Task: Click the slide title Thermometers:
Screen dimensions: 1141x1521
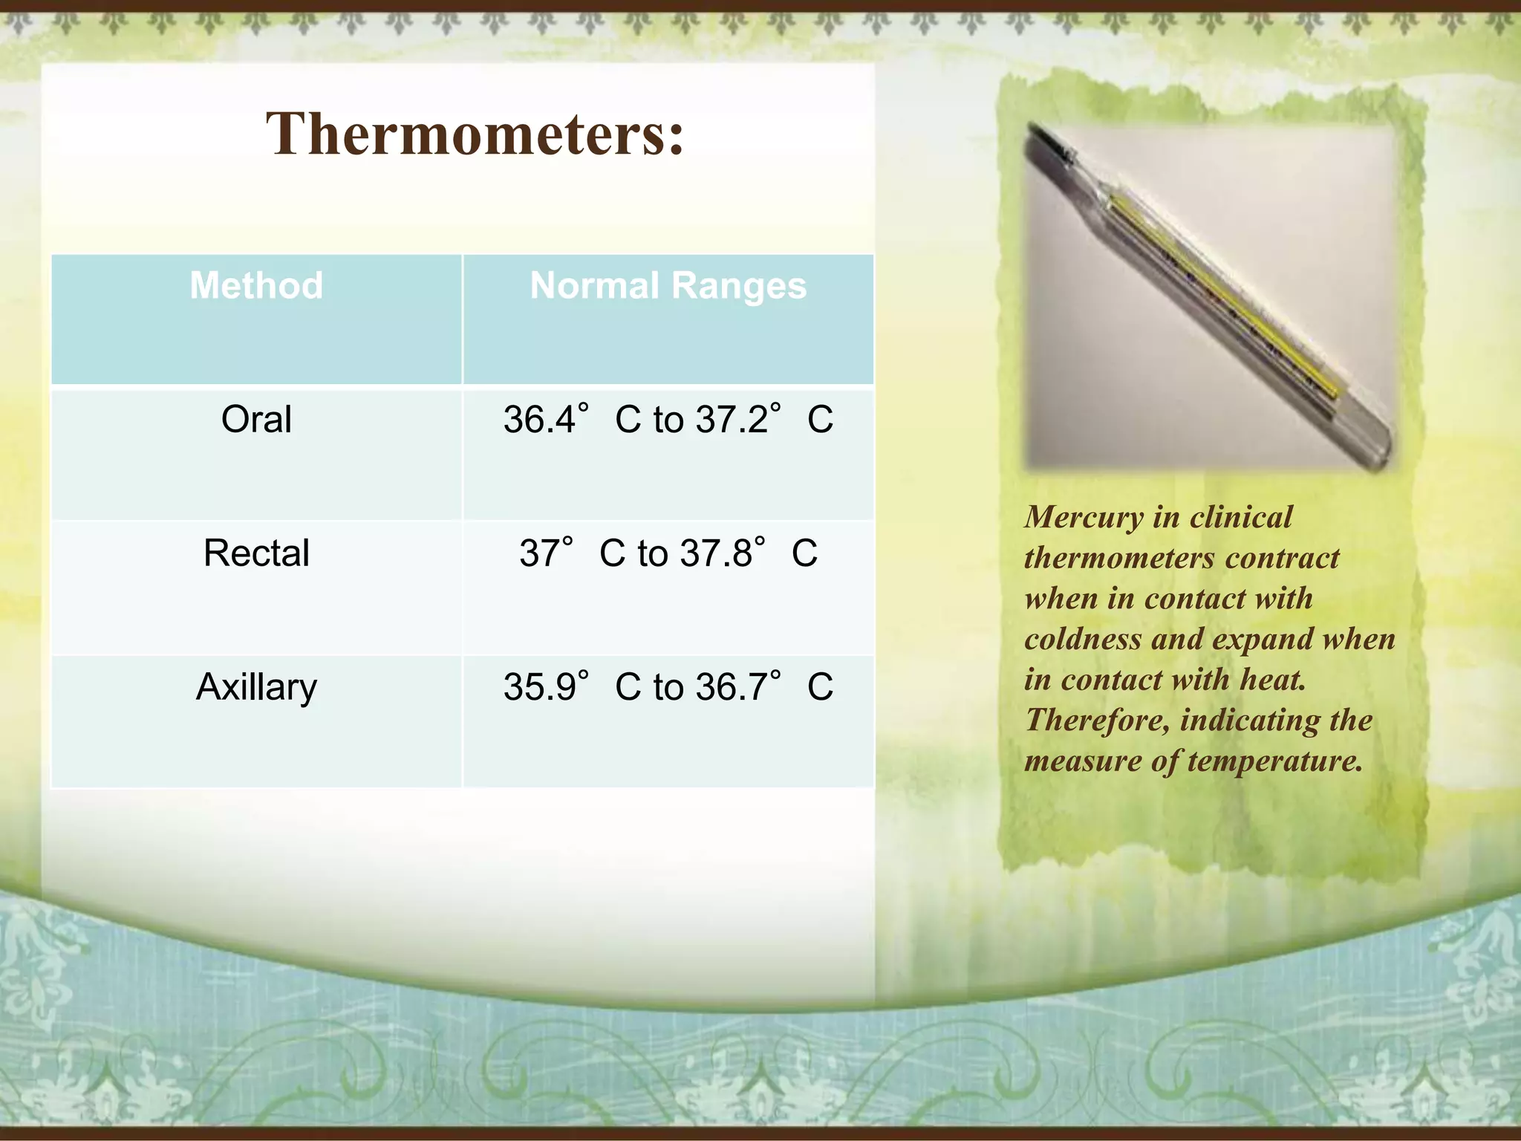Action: (x=475, y=134)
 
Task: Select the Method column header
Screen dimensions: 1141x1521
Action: (x=256, y=285)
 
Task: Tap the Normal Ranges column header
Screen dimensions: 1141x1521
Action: (x=668, y=285)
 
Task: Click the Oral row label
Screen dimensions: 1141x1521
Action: (x=256, y=419)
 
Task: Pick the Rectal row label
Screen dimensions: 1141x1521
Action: (x=256, y=553)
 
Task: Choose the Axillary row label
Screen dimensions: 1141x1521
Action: (x=256, y=686)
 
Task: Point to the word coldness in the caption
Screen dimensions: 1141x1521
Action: (x=1081, y=639)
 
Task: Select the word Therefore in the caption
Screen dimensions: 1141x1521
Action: (x=1096, y=720)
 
